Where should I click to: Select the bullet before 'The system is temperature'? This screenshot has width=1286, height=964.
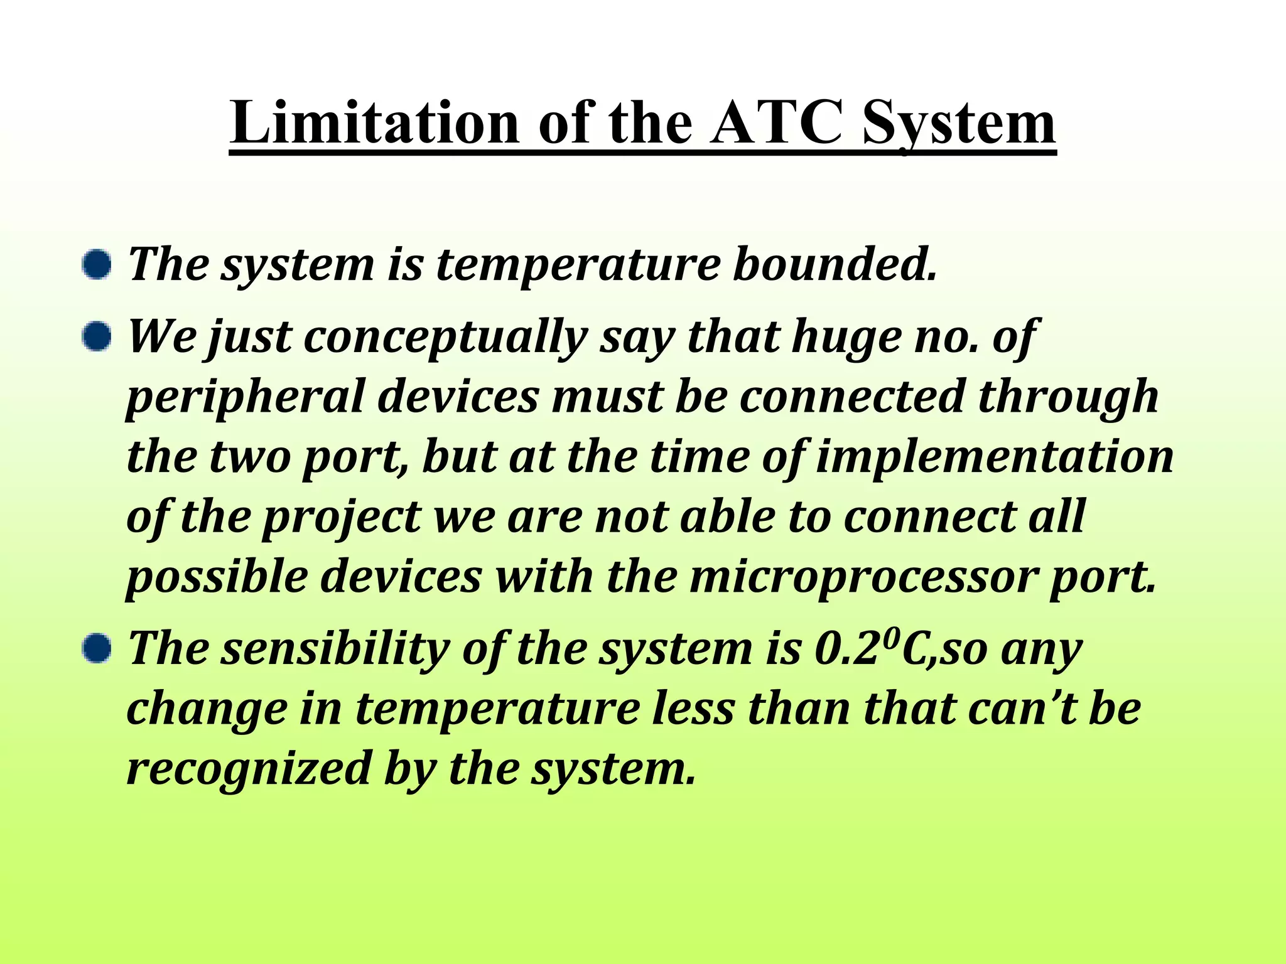(97, 265)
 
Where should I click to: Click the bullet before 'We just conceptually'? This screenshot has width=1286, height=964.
(97, 337)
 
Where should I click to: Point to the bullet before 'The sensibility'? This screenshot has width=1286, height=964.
(97, 648)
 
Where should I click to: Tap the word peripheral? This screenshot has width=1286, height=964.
(246, 398)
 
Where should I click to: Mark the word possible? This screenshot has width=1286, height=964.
(217, 577)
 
